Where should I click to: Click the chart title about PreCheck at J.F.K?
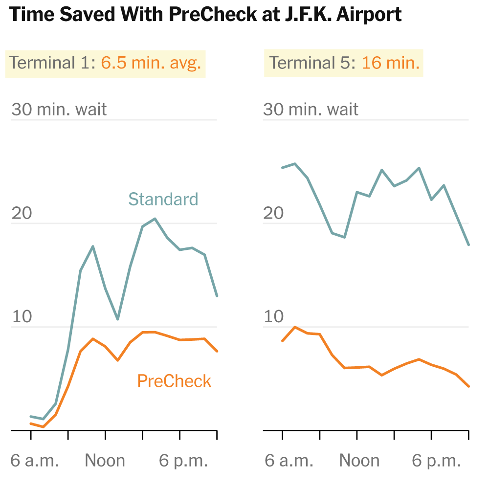click(x=205, y=15)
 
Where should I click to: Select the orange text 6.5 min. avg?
click(x=151, y=63)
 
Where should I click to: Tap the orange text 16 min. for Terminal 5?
click(x=391, y=63)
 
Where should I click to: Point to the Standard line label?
click(x=163, y=199)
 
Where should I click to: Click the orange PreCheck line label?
click(x=174, y=381)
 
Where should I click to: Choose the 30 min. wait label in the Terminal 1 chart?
click(x=59, y=109)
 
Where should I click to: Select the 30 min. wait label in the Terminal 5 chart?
click(x=311, y=109)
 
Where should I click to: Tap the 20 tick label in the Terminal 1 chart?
click(x=22, y=213)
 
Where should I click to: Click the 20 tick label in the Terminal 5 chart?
click(x=274, y=213)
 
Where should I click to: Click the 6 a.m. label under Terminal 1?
click(x=34, y=461)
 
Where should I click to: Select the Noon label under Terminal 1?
click(x=105, y=461)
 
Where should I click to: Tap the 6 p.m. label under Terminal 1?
click(x=184, y=461)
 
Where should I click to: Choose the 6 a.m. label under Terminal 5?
click(x=289, y=461)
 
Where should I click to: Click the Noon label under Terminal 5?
click(x=359, y=461)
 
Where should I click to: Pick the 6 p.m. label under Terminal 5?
click(x=437, y=461)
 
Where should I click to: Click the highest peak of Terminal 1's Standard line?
click(x=155, y=219)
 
